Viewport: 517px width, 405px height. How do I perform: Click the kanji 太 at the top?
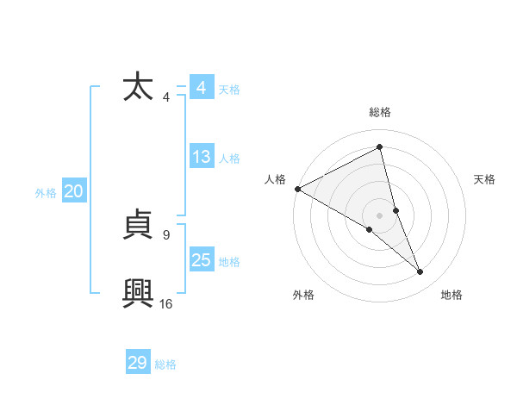click(139, 89)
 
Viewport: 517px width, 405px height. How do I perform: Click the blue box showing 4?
click(201, 89)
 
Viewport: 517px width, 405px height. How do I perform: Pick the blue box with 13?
click(201, 158)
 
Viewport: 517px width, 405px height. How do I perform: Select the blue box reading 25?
click(201, 260)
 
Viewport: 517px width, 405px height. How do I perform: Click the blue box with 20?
click(73, 192)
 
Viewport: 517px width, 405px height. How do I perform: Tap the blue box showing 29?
click(138, 363)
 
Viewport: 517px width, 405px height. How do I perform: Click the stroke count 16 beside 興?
click(165, 303)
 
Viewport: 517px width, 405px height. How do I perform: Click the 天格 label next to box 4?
click(229, 90)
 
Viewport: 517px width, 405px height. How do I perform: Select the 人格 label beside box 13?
click(229, 159)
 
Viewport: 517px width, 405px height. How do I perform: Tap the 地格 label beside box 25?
click(229, 261)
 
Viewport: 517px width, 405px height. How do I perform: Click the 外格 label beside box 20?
click(46, 193)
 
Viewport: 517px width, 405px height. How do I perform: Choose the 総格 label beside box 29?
click(166, 364)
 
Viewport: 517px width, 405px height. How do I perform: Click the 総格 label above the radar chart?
click(380, 112)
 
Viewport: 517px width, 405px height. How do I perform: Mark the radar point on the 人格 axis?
click(297, 189)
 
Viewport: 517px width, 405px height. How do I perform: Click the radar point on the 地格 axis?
click(420, 272)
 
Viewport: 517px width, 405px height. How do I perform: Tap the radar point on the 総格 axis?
click(380, 146)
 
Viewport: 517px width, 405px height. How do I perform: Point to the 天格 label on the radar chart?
click(485, 179)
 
